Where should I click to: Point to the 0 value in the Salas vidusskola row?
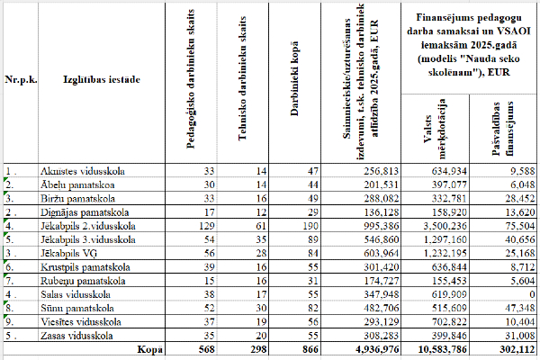click(523, 294)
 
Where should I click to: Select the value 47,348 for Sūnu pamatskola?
click(510, 308)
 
